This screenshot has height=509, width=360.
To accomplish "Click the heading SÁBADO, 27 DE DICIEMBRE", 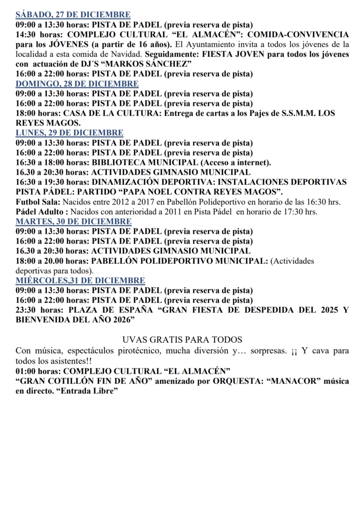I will (x=73, y=15).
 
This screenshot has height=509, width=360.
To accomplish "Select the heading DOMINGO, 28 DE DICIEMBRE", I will (x=77, y=84).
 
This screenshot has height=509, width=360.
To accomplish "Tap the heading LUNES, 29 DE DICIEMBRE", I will (x=69, y=133).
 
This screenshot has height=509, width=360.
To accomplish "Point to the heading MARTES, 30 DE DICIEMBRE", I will (x=74, y=221).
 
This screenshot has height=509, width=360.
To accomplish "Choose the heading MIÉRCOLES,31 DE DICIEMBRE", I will (x=80, y=280).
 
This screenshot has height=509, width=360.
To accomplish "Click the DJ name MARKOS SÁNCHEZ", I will (x=147, y=64).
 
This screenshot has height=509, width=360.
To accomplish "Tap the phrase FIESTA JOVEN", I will (x=233, y=54).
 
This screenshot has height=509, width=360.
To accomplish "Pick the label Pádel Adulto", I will (x=39, y=212).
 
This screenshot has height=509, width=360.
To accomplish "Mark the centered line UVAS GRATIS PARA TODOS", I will (x=182, y=340).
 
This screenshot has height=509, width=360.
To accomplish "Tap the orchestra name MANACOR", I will (x=294, y=381).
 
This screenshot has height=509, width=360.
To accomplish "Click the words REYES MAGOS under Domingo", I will (x=48, y=123).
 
